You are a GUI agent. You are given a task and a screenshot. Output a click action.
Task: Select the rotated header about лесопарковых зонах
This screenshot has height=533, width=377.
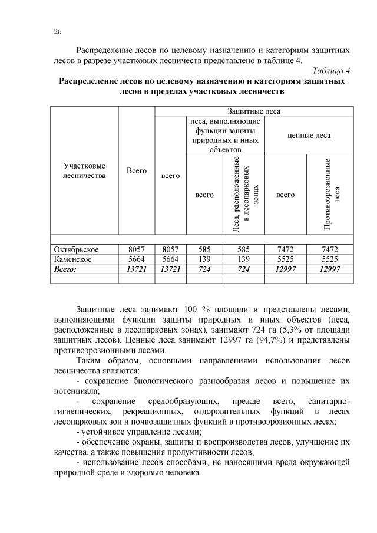click(x=243, y=194)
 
